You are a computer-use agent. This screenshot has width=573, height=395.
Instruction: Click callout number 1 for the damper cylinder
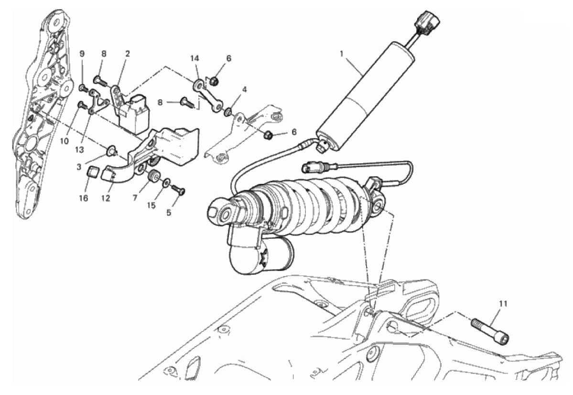[x=341, y=54]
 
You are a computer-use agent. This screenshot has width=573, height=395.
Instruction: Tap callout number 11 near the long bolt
[x=504, y=304]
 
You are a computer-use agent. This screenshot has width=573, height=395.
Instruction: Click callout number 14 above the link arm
[x=195, y=58]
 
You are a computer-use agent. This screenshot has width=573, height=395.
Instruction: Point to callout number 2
[x=128, y=53]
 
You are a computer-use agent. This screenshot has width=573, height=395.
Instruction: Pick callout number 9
[x=82, y=53]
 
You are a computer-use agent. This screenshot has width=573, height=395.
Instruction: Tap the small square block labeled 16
[x=94, y=171]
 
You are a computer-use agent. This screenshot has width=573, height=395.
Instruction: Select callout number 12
[x=106, y=198]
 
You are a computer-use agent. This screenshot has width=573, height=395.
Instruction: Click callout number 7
[x=135, y=198]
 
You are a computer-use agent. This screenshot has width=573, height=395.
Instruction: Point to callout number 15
[x=151, y=205]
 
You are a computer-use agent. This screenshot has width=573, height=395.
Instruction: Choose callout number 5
[x=169, y=213]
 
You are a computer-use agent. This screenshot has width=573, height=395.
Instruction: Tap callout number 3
[x=79, y=167]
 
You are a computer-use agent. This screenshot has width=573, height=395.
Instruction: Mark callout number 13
[x=79, y=149]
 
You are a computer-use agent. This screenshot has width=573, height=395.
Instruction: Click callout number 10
[x=65, y=141]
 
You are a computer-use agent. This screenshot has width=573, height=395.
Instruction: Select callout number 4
[x=245, y=89]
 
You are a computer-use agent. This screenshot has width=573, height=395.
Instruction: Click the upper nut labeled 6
[x=216, y=80]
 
